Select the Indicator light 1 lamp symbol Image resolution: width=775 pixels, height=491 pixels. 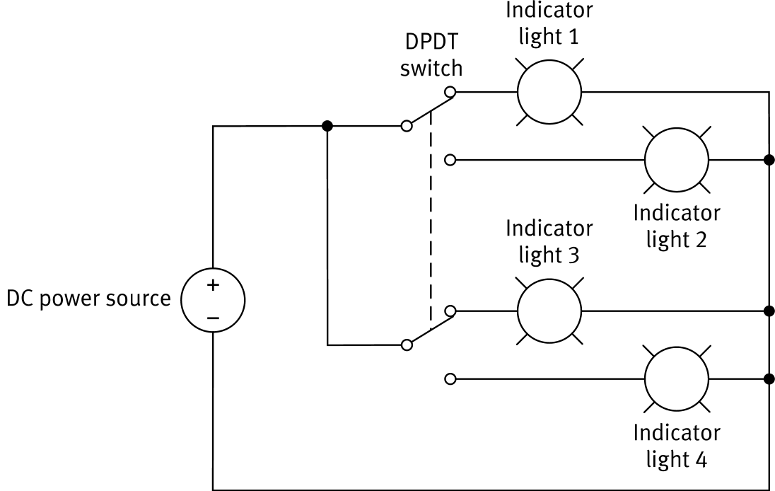[549, 91]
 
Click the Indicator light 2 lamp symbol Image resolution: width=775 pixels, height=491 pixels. [676, 160]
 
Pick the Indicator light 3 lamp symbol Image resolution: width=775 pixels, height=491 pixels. [549, 310]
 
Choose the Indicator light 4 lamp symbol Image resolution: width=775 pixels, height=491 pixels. [676, 379]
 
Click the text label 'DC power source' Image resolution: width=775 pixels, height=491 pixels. [88, 299]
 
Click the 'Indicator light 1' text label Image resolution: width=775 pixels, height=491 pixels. [549, 23]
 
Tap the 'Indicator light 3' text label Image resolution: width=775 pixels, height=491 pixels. [549, 241]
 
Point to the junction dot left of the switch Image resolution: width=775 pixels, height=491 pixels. [327, 126]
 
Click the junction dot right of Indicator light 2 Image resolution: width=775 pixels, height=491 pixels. [769, 160]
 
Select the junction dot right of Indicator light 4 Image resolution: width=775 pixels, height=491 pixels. [769, 379]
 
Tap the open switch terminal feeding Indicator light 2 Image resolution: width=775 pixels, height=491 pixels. [450, 160]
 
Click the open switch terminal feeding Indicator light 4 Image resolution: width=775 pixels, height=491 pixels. [450, 379]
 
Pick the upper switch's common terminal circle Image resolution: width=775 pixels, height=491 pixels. [406, 126]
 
